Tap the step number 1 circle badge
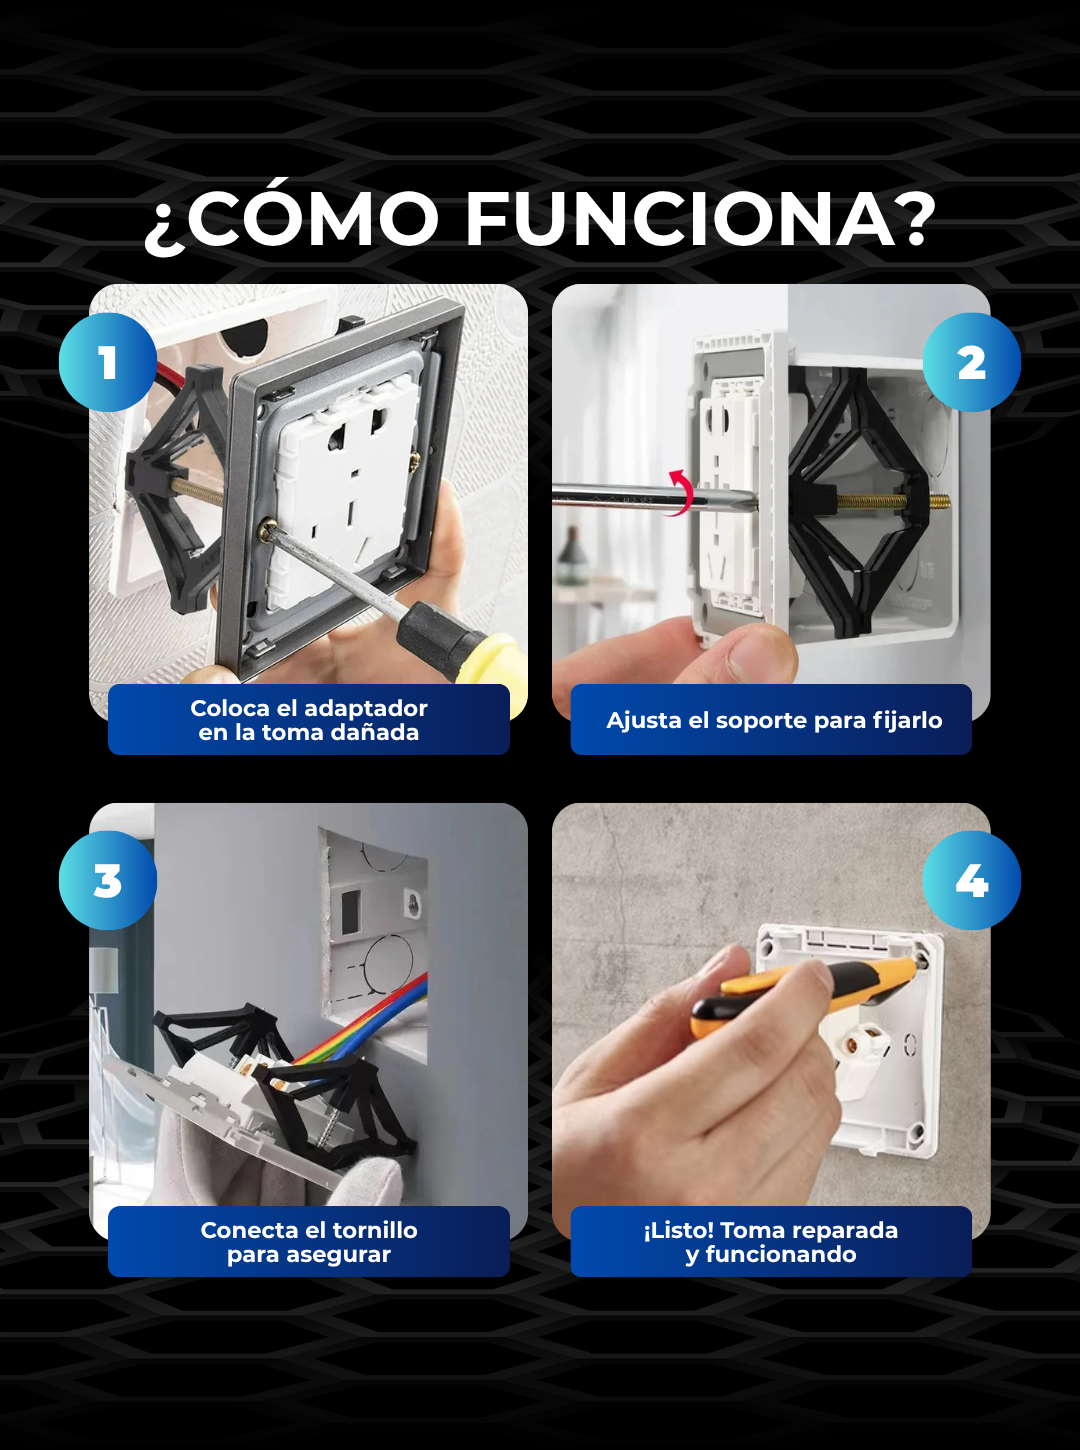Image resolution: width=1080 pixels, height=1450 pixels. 108,362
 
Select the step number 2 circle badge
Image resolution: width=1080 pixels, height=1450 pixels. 971,362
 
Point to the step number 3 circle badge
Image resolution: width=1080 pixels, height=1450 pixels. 108,880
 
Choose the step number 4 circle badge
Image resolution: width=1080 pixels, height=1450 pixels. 971,880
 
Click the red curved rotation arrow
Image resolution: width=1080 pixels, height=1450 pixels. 683,492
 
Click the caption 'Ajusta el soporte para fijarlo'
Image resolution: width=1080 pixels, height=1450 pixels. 774,720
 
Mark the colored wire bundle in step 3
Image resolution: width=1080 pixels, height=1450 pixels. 366,1026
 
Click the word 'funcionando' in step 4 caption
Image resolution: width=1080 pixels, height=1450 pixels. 781,1255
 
